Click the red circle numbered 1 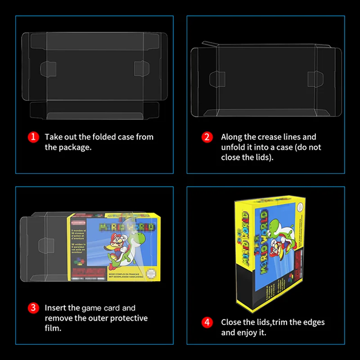pyautogui.click(x=33, y=137)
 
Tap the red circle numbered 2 pyautogui.click(x=207, y=137)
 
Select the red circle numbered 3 pyautogui.click(x=33, y=308)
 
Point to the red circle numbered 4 pyautogui.click(x=207, y=322)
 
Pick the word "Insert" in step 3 pyautogui.click(x=56, y=308)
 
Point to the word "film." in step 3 pyautogui.click(x=53, y=328)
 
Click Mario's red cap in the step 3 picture pyautogui.click(x=118, y=237)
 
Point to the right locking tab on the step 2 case pyautogui.click(x=312, y=77)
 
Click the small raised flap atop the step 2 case pyautogui.click(x=208, y=45)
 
